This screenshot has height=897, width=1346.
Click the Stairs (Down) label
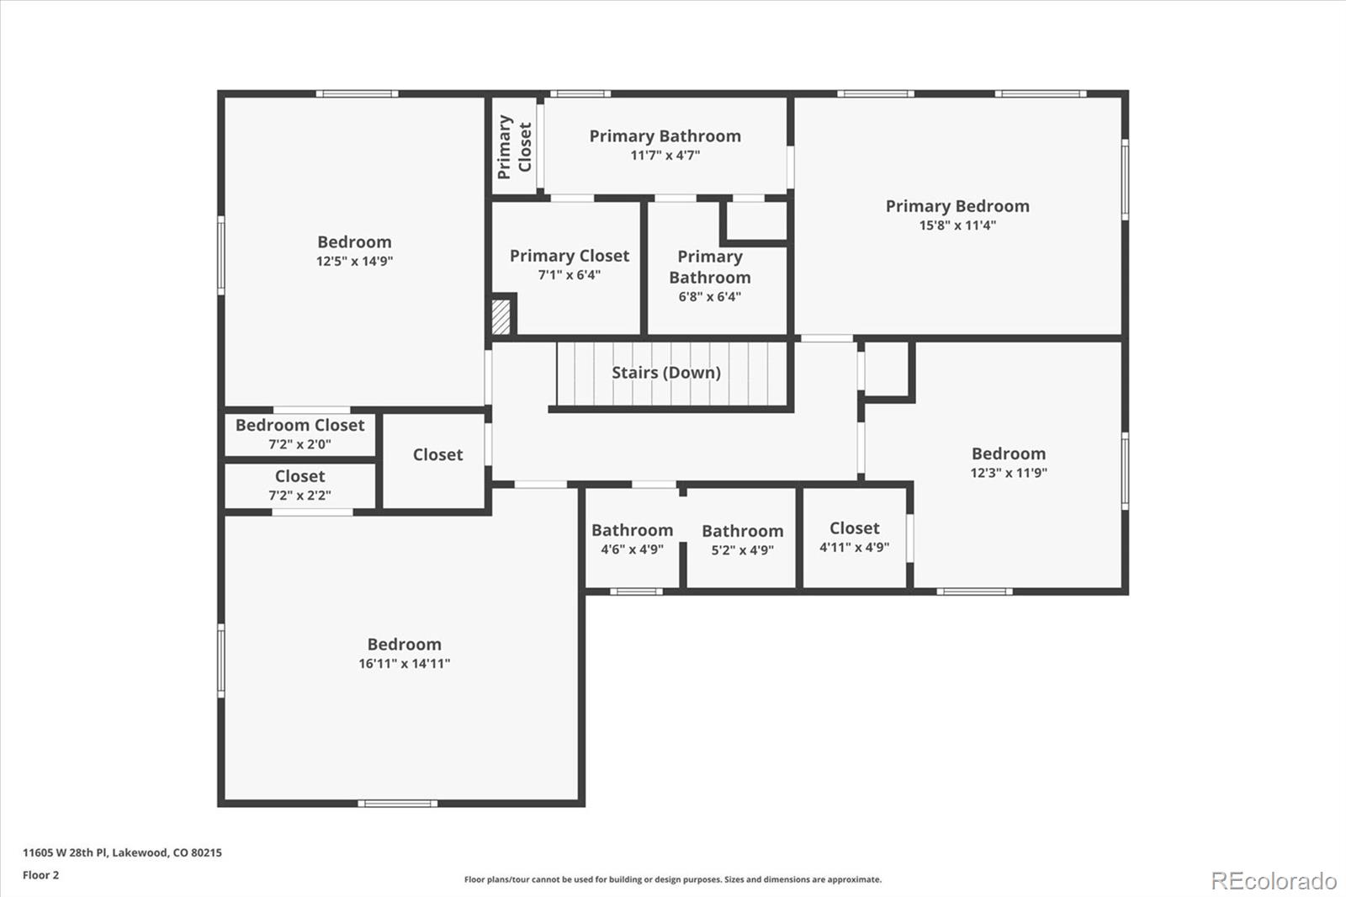pyautogui.click(x=665, y=373)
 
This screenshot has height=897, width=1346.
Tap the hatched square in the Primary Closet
pyautogui.click(x=501, y=315)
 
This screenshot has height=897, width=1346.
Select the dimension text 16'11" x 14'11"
pyautogui.click(x=404, y=664)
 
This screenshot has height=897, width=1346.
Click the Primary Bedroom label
pyautogui.click(x=957, y=206)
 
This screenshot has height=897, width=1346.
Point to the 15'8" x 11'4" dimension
pyautogui.click(x=957, y=226)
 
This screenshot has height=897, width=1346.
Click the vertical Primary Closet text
pyautogui.click(x=514, y=147)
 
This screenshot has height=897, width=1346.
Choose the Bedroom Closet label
pyautogui.click(x=299, y=425)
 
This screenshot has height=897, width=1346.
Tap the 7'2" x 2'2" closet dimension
pyautogui.click(x=299, y=496)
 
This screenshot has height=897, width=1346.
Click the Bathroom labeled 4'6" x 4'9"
pyautogui.click(x=632, y=530)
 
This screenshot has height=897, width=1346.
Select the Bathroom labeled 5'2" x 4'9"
pyautogui.click(x=742, y=531)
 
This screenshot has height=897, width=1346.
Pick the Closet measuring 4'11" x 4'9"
pyautogui.click(x=854, y=528)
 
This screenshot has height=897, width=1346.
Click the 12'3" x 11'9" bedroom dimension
pyautogui.click(x=1008, y=473)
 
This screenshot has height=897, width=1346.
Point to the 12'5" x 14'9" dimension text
pyautogui.click(x=354, y=262)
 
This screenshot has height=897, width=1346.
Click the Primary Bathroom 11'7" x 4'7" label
pyautogui.click(x=665, y=136)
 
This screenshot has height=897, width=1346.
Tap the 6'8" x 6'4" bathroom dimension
pyautogui.click(x=709, y=297)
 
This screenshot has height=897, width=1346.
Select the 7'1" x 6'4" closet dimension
pyautogui.click(x=569, y=275)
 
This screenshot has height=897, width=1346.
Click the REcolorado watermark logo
pyautogui.click(x=1273, y=881)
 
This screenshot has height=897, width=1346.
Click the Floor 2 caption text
pyautogui.click(x=40, y=875)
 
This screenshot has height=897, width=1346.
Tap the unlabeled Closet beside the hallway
pyautogui.click(x=437, y=455)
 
